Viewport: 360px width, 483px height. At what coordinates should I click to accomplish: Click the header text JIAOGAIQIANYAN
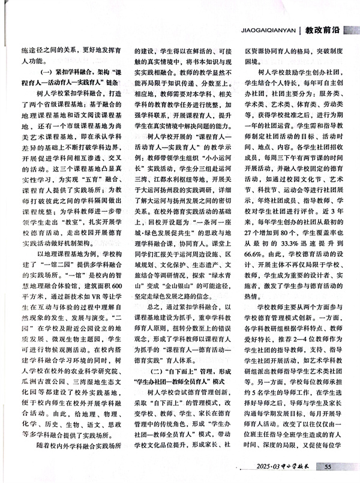point(268,28)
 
